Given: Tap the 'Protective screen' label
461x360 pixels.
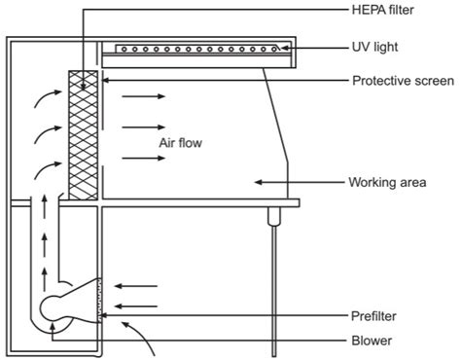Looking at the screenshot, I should coord(401,81).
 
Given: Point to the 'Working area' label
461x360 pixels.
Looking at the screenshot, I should coord(387,181).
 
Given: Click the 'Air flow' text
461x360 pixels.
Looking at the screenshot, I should coord(179,142).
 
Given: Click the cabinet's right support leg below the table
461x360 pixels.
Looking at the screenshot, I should coord(272,282).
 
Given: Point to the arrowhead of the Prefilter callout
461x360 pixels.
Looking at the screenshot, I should coord(105,315).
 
